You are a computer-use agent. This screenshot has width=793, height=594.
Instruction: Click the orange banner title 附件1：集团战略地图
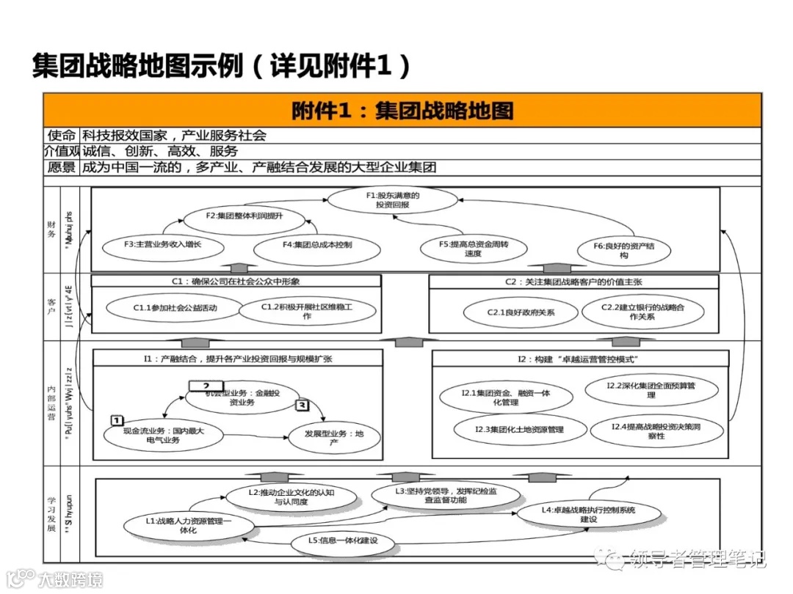click(402, 111)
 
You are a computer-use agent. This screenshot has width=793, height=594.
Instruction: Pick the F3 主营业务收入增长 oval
click(162, 244)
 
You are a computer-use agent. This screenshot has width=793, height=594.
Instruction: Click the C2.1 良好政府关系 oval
click(521, 313)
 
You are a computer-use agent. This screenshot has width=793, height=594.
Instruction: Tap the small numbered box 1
click(116, 419)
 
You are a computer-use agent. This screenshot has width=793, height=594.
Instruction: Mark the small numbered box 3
click(302, 404)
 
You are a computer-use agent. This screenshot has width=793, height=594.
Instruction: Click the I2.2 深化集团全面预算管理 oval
click(651, 390)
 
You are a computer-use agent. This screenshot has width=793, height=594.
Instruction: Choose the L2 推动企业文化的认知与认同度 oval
click(292, 497)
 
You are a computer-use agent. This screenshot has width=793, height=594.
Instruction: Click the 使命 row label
click(62, 136)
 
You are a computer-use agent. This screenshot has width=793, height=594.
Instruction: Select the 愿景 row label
click(62, 167)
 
